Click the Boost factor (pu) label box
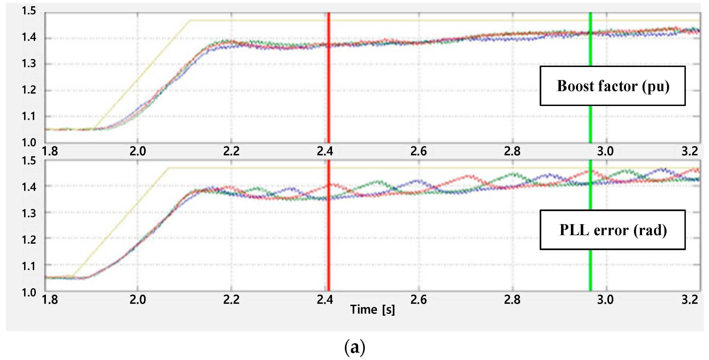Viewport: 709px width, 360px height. coord(612,86)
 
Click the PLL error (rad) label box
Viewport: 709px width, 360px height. coord(612,230)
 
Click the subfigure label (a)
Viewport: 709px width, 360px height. coord(354,347)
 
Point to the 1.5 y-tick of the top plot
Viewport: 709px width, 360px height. coord(29,11)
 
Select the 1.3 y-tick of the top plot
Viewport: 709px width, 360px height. coord(29,64)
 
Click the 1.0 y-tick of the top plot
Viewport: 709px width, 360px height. coord(29,142)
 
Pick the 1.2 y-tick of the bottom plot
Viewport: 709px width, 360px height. coord(29,240)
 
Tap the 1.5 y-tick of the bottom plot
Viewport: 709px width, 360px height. coord(29,161)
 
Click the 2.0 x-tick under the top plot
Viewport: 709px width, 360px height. coord(138,151)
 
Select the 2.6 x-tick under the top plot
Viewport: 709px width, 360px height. coord(418,151)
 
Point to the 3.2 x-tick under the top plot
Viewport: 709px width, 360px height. coord(689,151)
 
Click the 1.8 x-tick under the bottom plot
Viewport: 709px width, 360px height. coord(50,300)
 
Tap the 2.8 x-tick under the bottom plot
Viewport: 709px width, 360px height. coord(512,300)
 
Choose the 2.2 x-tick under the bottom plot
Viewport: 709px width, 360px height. coord(231,300)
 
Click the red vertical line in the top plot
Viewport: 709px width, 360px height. coord(328,77)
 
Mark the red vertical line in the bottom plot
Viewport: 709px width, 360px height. coord(328,234)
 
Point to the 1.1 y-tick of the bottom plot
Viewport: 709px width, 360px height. coord(29,266)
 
